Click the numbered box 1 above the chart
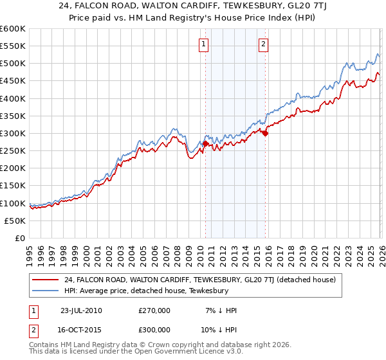tap(203, 44)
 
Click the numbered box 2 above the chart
tap(264, 44)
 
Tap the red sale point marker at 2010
tap(205, 144)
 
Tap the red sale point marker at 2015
tap(265, 134)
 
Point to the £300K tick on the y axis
tap(13, 134)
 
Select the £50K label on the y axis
tap(15, 221)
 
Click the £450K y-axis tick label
tap(13, 81)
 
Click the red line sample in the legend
tap(46, 280)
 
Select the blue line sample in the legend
tap(46, 291)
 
